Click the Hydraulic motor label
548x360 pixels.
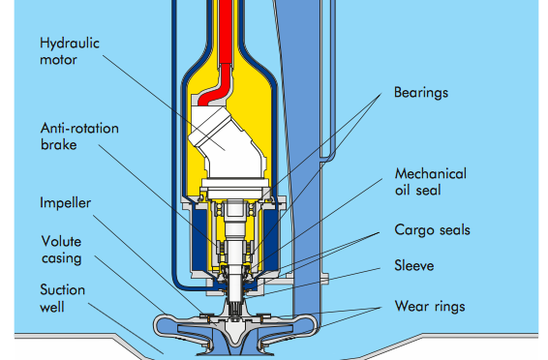[x=70, y=51]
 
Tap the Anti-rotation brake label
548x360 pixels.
[x=79, y=136]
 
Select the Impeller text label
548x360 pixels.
[x=66, y=203]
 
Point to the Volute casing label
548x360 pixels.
[x=62, y=250]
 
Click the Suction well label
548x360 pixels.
[x=63, y=298]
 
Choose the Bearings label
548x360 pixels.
[x=421, y=93]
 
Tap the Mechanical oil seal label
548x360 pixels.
[x=431, y=182]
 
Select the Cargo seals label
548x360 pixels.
[x=433, y=230]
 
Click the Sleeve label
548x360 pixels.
[x=414, y=266]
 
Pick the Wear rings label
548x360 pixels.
[x=430, y=306]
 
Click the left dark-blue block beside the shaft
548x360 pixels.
[x=199, y=240]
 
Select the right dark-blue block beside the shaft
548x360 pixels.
[x=270, y=240]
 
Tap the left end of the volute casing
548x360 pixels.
[x=157, y=325]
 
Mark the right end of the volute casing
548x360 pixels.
[x=313, y=324]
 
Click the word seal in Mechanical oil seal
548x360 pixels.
[x=428, y=191]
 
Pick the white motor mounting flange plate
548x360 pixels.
[x=234, y=183]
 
